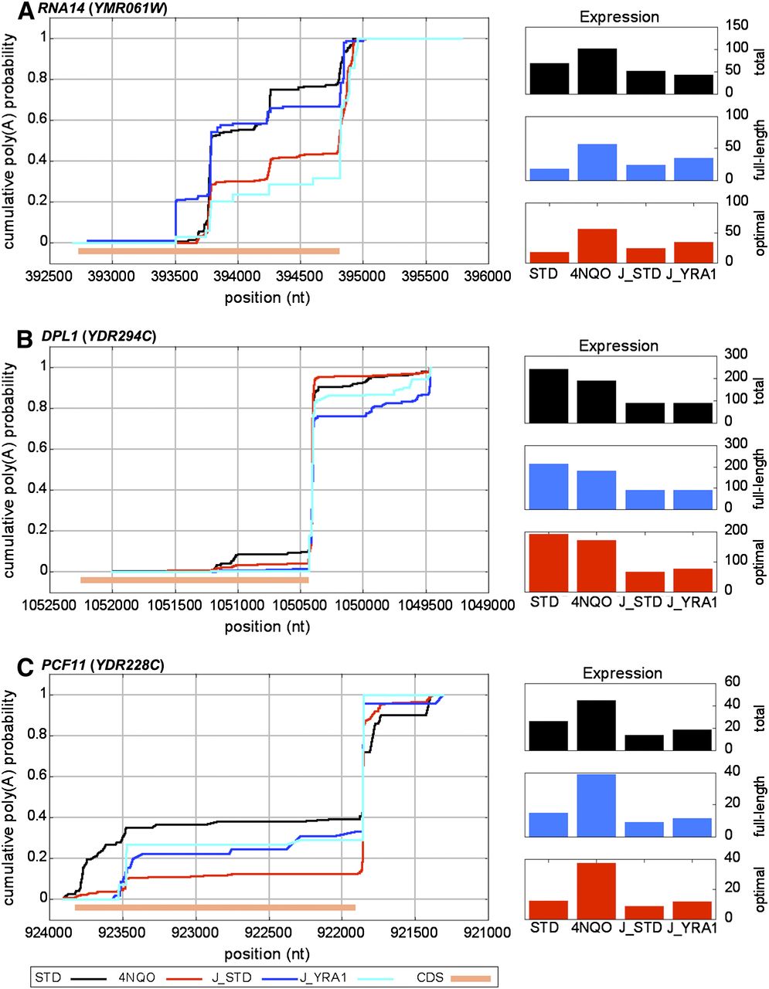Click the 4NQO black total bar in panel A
tap(597, 71)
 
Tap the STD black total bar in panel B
tap(549, 396)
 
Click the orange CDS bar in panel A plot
tap(209, 251)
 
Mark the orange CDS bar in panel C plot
tap(215, 907)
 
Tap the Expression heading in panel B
tap(618, 345)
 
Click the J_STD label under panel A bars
tap(638, 274)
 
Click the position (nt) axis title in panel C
tap(267, 953)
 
